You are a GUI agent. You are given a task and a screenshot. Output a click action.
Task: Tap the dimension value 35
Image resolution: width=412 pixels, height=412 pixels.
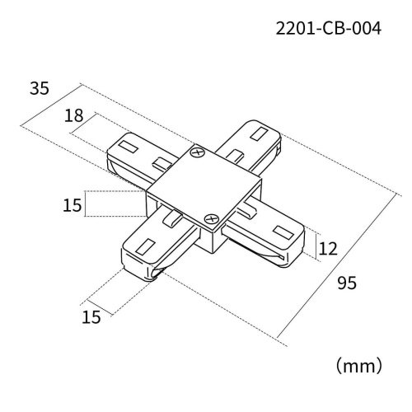pos(40,87)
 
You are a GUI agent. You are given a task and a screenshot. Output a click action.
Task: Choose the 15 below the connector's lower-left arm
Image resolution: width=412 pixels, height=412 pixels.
pos(91,316)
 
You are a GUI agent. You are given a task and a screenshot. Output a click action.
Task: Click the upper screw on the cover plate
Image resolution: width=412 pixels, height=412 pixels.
pos(197,153)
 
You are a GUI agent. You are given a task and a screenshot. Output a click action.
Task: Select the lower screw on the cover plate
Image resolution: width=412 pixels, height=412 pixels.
pos(211,220)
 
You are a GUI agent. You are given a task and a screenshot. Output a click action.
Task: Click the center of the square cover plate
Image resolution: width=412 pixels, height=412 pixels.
pos(204,187)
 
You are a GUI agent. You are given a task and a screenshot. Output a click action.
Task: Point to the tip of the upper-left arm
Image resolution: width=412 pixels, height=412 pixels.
pos(115,152)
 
